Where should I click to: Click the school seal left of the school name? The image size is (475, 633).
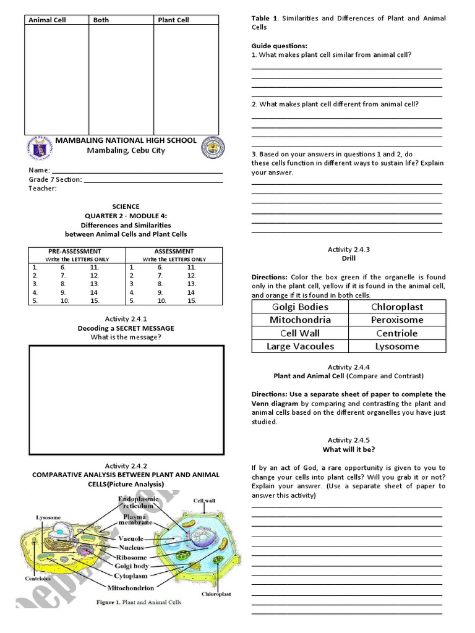click(x=38, y=147)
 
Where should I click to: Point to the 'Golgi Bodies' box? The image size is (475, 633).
click(x=300, y=307)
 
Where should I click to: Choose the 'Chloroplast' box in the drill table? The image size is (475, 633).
click(x=397, y=307)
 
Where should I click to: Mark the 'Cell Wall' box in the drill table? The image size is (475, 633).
click(x=300, y=333)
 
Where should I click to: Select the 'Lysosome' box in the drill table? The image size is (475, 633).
click(x=397, y=346)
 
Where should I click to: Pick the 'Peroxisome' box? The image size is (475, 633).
click(x=397, y=320)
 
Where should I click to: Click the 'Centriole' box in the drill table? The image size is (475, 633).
click(x=397, y=333)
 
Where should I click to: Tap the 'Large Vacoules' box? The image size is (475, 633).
click(x=300, y=346)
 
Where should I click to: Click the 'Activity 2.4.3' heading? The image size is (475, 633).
click(x=348, y=249)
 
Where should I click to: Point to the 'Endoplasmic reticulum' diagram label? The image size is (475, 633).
click(x=139, y=502)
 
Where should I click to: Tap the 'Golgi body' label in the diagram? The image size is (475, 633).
click(x=131, y=566)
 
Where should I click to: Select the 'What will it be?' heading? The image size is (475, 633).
click(x=348, y=449)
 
